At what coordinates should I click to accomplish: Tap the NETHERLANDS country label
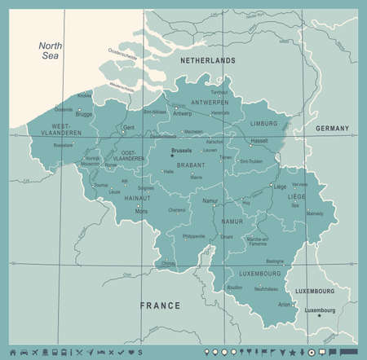(x=208, y=60)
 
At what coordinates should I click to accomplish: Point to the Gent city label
(x=127, y=128)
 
